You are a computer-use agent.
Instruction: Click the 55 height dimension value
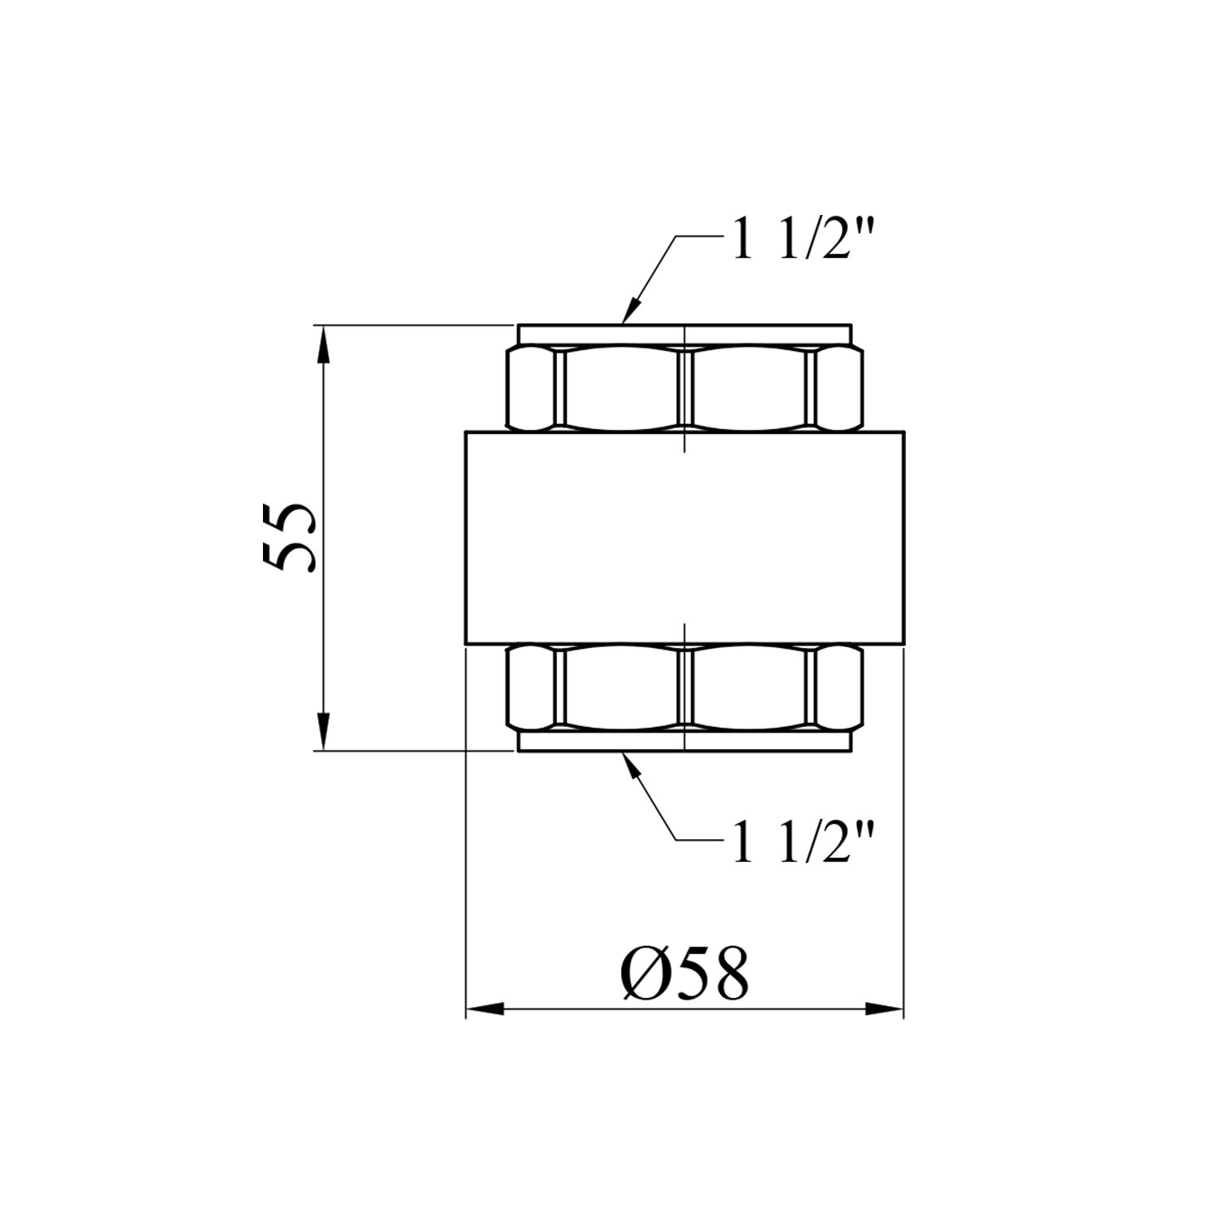click(290, 537)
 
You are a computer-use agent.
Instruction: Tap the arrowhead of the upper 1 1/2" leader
click(632, 310)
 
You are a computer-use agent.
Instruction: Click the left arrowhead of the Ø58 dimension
click(485, 1009)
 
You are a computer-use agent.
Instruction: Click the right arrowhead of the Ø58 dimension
click(884, 1009)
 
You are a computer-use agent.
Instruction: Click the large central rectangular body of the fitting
click(685, 537)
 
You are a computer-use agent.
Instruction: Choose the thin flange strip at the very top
click(685, 335)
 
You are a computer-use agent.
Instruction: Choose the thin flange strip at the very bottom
click(685, 741)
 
